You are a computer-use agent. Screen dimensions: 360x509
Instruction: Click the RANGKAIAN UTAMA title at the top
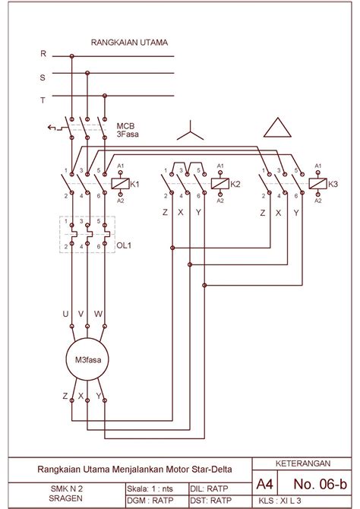[129, 43]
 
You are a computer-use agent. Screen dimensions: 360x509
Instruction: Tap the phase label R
[43, 54]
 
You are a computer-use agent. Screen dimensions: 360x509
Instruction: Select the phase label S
[43, 77]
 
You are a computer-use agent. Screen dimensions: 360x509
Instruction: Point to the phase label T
[43, 100]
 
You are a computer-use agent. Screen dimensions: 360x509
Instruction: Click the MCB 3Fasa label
[128, 130]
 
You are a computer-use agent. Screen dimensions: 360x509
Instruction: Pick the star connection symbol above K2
[190, 131]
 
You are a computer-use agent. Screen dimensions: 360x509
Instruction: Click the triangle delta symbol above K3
[277, 128]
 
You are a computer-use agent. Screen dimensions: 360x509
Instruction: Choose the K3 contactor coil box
[317, 184]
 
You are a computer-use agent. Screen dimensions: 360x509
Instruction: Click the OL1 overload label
[124, 245]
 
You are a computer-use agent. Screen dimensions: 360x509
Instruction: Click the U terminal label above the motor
[65, 314]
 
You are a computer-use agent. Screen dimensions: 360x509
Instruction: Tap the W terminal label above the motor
[98, 314]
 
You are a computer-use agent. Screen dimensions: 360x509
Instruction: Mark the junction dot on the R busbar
[71, 56]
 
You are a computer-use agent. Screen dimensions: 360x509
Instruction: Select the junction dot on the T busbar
[105, 96]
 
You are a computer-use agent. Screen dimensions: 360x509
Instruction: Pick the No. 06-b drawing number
[320, 484]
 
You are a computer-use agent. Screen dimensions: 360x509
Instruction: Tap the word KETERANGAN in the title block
[303, 463]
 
